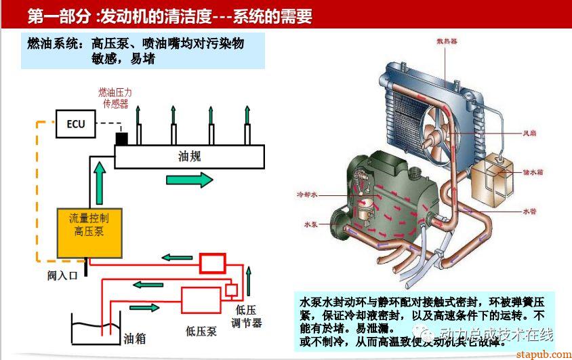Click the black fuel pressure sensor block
tap(122, 140)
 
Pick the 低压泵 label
tap(201, 331)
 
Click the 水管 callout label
tap(531, 212)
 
